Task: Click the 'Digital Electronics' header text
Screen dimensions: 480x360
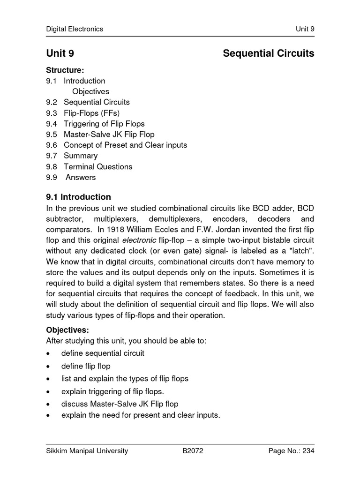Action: click(75, 29)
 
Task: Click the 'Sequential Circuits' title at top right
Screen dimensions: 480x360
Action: click(268, 53)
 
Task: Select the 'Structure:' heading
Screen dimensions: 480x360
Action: click(65, 70)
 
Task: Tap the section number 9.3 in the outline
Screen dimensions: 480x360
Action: click(52, 113)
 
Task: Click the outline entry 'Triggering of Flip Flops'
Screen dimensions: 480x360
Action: click(104, 124)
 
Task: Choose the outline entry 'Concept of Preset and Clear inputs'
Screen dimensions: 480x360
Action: click(125, 145)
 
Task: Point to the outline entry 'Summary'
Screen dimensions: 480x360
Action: click(81, 156)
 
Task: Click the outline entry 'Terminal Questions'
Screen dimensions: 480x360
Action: click(98, 166)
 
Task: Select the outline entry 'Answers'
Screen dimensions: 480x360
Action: click(81, 177)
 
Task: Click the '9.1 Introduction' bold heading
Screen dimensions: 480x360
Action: click(79, 197)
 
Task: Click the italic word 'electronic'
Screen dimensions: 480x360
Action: click(136, 241)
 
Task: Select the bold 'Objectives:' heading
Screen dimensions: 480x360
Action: click(67, 330)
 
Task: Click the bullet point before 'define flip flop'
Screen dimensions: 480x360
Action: click(48, 366)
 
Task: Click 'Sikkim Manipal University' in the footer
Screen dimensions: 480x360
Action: click(87, 451)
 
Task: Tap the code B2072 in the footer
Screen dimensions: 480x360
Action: click(193, 451)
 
